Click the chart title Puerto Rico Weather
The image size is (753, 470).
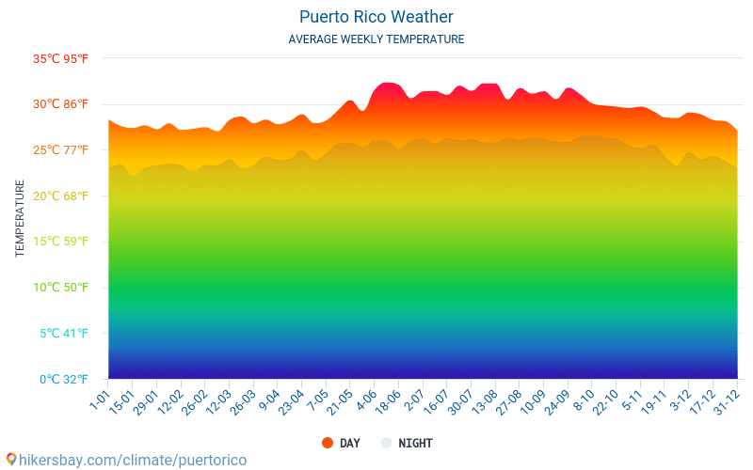point(376,17)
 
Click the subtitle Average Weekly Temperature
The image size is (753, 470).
point(376,39)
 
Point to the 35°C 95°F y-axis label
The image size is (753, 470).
point(60,58)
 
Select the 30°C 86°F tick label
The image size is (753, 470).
point(60,104)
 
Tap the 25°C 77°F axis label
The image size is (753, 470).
point(60,150)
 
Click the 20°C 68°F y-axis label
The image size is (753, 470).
point(60,196)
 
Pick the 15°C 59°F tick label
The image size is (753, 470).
point(60,242)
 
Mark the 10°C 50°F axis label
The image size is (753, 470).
point(60,288)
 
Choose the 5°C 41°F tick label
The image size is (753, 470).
point(62,334)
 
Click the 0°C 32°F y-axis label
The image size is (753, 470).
point(62,380)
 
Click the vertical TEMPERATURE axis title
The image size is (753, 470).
point(20,219)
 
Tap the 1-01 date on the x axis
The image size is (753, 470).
point(100,399)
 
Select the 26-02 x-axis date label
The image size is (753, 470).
point(195,402)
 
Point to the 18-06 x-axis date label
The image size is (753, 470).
point(387,402)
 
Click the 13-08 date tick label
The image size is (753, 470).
point(484,402)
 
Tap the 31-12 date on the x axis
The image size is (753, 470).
point(726,402)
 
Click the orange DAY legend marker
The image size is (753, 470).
point(328,443)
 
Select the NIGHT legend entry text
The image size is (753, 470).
point(415,443)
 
